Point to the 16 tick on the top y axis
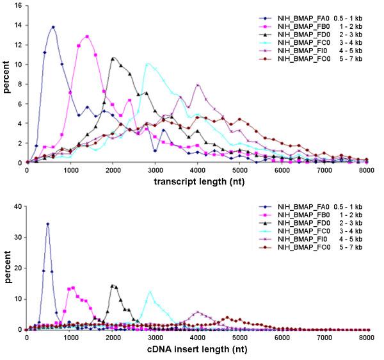coord(18,5)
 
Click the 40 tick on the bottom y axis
coord(18,206)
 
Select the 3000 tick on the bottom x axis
coord(154,337)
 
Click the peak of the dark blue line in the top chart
coord(53,28)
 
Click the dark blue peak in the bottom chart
coord(47,224)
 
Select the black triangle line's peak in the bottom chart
coord(113,286)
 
